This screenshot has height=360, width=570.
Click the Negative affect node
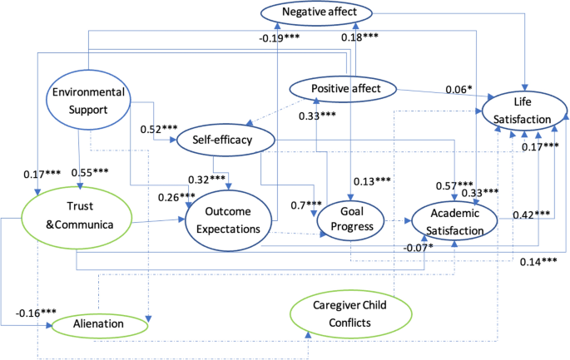pyautogui.click(x=315, y=12)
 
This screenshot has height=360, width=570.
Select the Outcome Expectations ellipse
pyautogui.click(x=228, y=220)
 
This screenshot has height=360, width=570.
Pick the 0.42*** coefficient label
pyautogui.click(x=529, y=215)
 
